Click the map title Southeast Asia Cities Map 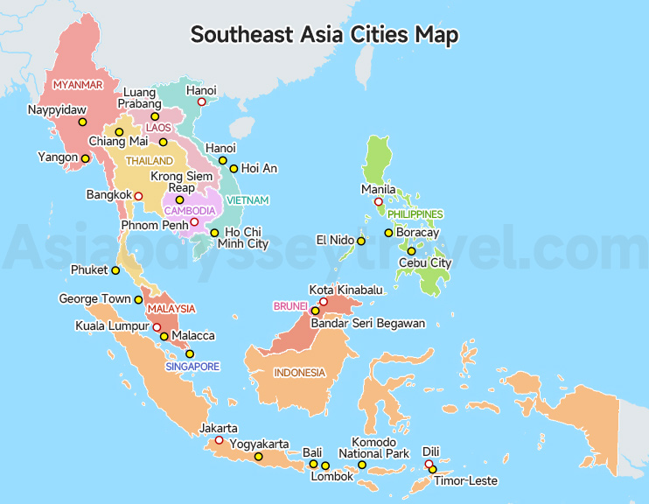coord(324,35)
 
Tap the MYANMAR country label coord(78,85)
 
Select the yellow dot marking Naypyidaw coord(83,122)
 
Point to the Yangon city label coord(58,157)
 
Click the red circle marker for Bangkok coord(138,196)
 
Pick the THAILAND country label coord(149,161)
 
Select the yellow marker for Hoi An coord(234,168)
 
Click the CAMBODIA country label coord(190,211)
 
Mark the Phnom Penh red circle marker coord(194,222)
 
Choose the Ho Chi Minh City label coord(246,238)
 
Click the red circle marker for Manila coord(379,202)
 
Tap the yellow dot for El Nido coord(361,241)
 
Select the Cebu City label coord(424,262)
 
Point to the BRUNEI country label coord(290,305)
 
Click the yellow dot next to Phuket coord(115,270)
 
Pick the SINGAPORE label coord(192,367)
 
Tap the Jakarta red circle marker coord(220,440)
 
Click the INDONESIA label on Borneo coord(299,373)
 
